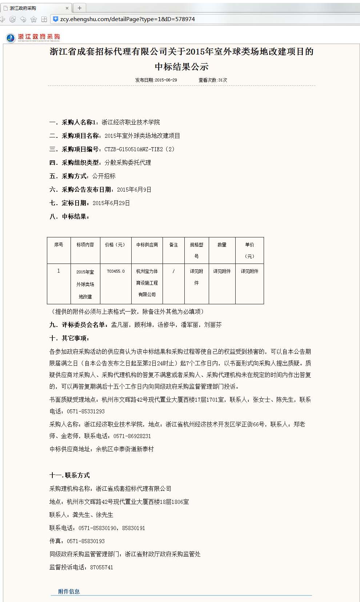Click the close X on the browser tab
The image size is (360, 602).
coord(67,8)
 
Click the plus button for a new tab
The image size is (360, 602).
coord(79,8)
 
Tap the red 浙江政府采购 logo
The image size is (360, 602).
coord(33,37)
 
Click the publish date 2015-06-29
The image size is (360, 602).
coord(166,80)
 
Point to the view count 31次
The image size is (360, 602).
coord(223,80)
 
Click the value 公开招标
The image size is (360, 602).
coord(104,176)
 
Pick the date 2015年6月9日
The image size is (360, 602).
coord(134,189)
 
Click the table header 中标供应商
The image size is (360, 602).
coord(147,245)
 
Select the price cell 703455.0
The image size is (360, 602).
coord(116,271)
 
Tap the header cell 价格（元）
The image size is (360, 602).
coord(115,245)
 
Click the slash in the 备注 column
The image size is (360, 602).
coord(173,271)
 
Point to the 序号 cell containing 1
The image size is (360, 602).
coord(59,271)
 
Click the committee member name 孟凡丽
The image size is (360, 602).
coord(120,325)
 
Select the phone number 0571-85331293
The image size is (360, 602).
coord(85,411)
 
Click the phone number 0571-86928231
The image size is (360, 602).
coord(132,436)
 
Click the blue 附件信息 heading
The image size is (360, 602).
coord(69,591)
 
